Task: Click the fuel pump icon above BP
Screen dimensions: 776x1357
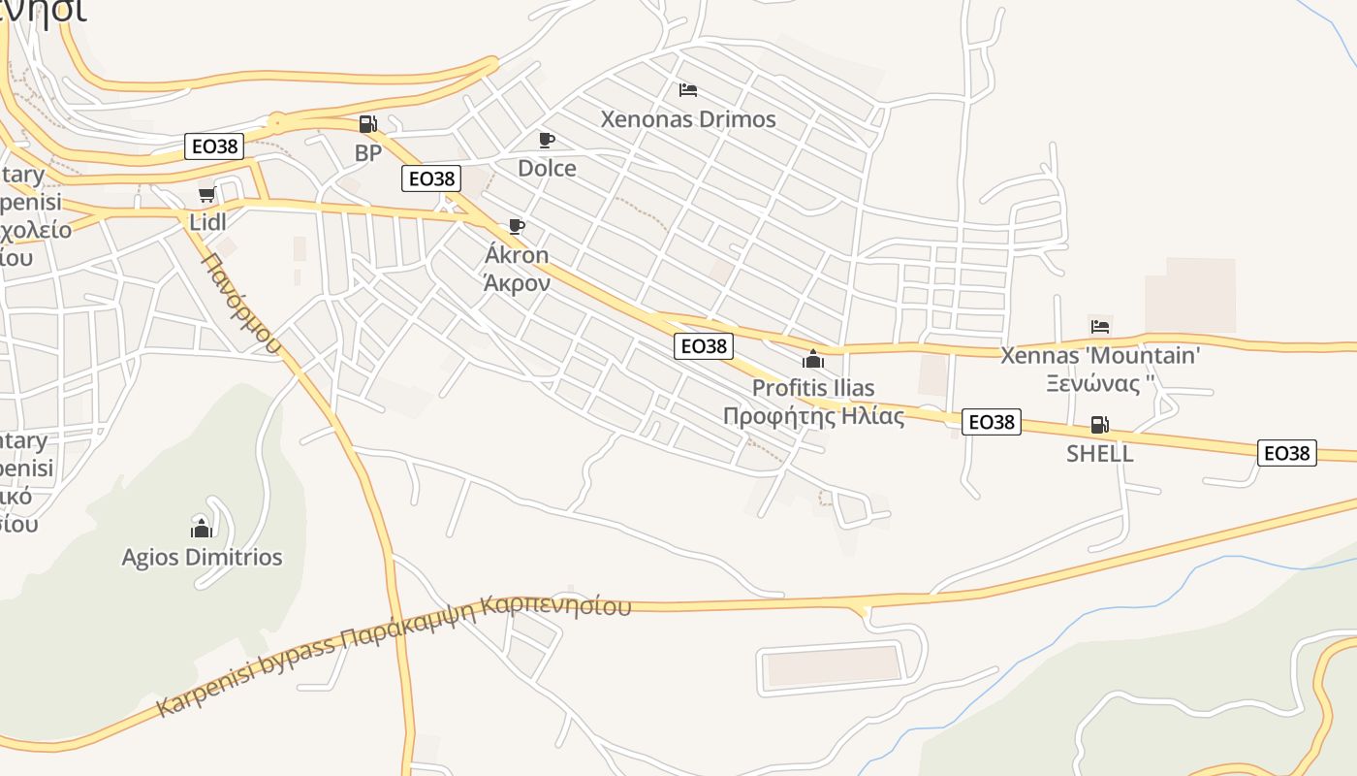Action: (367, 123)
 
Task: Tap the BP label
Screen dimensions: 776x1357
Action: (368, 153)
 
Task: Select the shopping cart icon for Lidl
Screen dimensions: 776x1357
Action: (206, 195)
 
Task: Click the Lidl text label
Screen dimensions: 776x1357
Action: (207, 222)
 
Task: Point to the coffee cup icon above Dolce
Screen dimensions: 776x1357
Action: (547, 140)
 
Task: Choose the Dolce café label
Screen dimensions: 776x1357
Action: (547, 168)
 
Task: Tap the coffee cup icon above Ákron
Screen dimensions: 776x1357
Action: (517, 227)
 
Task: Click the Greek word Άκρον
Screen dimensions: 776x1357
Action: (517, 283)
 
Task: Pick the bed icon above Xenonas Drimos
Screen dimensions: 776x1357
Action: (688, 90)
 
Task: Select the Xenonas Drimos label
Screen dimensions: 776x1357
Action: (688, 119)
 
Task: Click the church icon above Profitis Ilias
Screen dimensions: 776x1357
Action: (813, 359)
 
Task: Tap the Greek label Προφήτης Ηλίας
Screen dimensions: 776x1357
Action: (813, 416)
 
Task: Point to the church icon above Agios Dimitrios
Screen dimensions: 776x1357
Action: (202, 528)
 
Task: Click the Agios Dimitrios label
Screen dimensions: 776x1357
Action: (202, 557)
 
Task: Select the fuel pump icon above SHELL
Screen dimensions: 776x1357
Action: (1099, 424)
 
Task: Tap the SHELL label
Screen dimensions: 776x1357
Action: (1099, 453)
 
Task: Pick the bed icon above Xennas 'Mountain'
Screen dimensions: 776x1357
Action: (1099, 326)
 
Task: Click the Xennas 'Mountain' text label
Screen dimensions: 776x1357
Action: (1099, 355)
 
